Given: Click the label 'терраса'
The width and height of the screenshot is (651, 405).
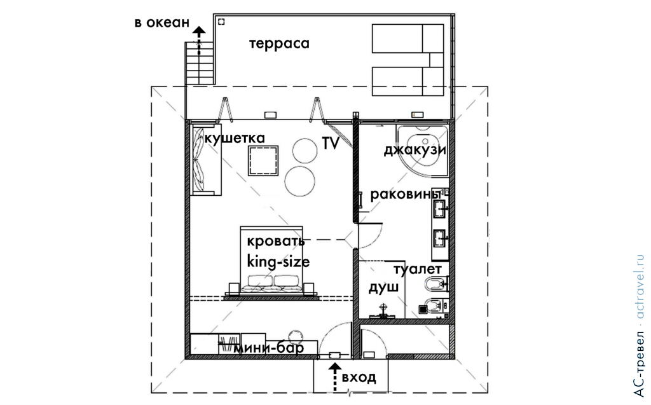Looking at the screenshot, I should tap(279, 43).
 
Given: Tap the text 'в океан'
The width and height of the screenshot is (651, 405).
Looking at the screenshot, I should tap(161, 23).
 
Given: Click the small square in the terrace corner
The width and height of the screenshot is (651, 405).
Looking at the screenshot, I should tap(221, 22).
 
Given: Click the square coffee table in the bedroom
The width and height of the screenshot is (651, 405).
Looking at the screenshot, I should tap(263, 160).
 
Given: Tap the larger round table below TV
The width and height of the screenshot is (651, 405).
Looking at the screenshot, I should tap(301, 181).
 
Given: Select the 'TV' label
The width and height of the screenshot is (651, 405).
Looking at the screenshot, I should tap(331, 143).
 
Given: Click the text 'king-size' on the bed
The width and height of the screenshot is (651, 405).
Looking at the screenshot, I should tap(278, 261).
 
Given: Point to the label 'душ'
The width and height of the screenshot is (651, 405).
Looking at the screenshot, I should tap(384, 287).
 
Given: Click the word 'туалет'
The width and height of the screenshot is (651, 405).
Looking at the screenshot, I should tap(417, 269).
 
